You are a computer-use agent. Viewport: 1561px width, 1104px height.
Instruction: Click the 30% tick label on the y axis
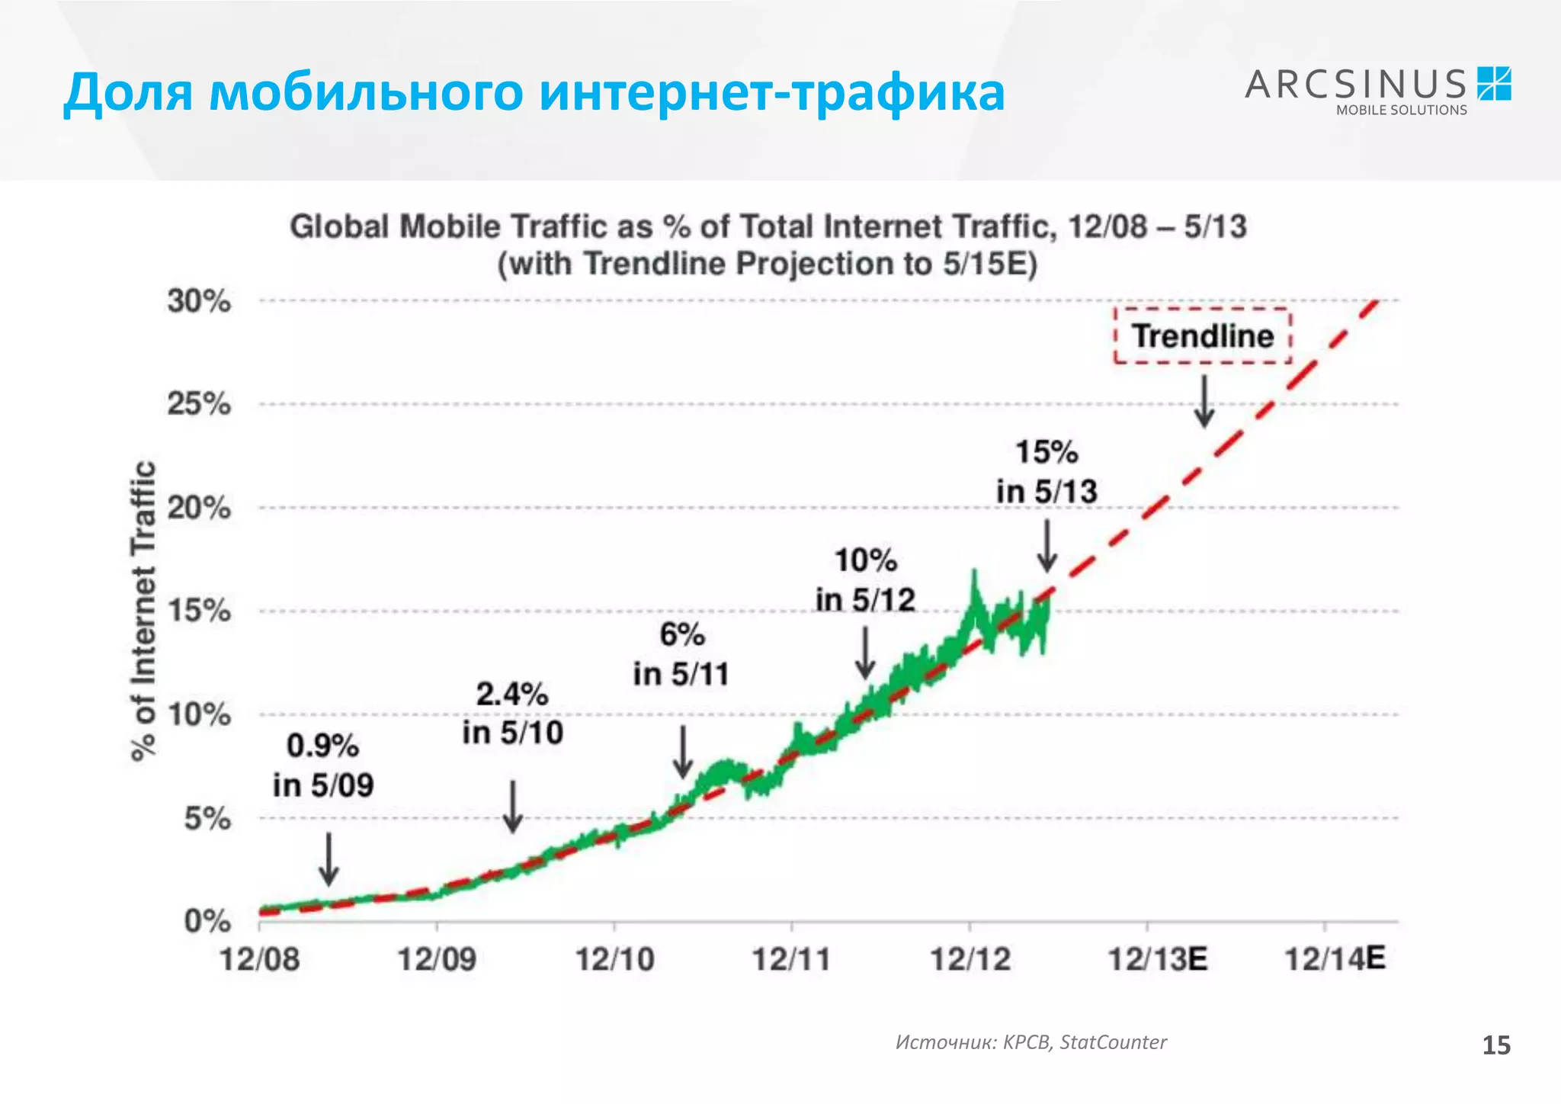[199, 301]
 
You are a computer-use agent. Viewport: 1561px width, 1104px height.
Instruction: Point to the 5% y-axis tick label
[207, 819]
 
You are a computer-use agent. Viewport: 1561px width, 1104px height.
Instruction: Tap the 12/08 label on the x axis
[259, 958]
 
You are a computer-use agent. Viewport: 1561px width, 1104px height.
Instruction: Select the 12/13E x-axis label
[1157, 958]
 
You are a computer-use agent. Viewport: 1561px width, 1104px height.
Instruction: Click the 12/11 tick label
[791, 958]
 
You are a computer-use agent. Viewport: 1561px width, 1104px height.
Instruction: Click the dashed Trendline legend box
[1202, 335]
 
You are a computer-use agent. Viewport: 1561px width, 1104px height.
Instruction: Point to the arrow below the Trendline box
[1204, 401]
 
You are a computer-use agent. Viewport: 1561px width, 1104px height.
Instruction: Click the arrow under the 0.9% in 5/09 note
[329, 859]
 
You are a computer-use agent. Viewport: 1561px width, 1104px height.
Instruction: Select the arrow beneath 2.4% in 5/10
[513, 807]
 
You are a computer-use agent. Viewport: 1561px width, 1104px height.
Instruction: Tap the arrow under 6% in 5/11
[683, 752]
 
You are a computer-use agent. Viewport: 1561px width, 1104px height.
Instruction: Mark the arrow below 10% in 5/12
[864, 653]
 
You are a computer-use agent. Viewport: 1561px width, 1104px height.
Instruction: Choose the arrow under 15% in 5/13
[1047, 546]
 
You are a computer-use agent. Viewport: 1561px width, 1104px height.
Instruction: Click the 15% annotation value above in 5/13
[1047, 452]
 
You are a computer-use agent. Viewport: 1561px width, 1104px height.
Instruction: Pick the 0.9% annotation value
[322, 746]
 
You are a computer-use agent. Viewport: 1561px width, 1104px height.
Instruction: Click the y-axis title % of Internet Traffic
[144, 611]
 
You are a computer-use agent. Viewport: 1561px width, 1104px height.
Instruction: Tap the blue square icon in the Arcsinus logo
[1494, 84]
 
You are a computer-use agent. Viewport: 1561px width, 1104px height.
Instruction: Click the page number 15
[1495, 1045]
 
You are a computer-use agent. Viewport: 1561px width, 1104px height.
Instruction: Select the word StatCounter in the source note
[1113, 1042]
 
